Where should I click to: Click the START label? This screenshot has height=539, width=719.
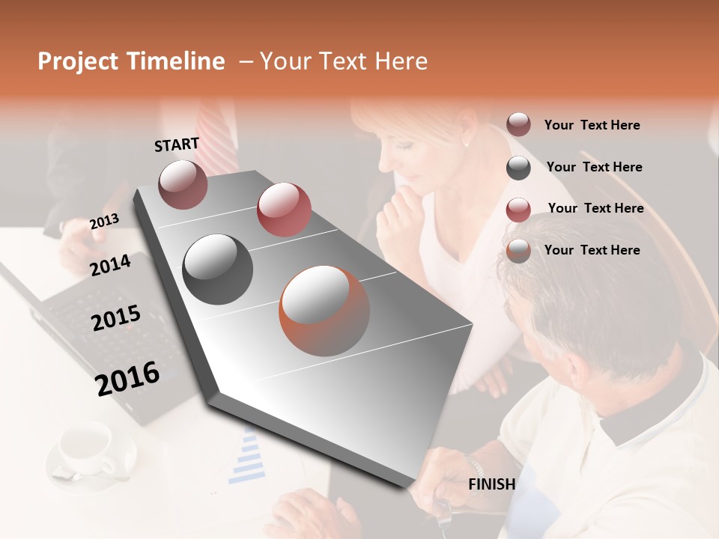point(177,144)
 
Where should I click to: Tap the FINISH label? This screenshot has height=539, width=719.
point(491,484)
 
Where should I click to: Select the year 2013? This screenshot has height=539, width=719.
point(104,222)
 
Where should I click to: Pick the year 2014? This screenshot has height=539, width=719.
point(110,265)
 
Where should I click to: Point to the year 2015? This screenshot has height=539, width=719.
point(115,318)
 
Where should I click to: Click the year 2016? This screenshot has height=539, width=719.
point(127,378)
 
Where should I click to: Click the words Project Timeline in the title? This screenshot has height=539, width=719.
point(131,61)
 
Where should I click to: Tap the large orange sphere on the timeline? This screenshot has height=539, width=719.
point(324,310)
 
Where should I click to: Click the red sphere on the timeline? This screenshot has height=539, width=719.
point(284,209)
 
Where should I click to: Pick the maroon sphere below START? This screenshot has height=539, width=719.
point(183,184)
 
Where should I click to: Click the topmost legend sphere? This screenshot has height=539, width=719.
point(518,124)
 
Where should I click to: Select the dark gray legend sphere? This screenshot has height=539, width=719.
point(518,168)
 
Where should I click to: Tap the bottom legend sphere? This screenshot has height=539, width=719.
point(518,251)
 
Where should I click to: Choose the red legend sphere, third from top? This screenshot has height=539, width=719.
point(518,210)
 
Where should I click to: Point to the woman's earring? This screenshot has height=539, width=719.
point(466,142)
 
